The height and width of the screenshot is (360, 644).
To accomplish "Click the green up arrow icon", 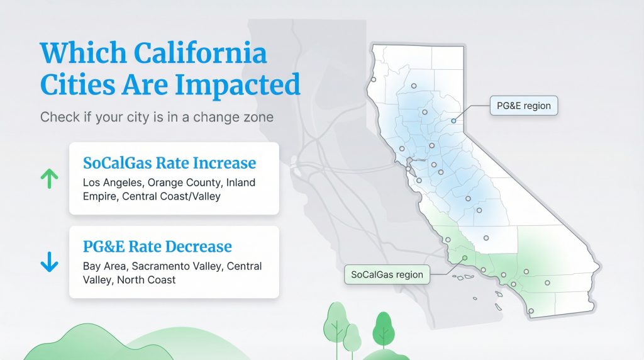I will click(49, 179).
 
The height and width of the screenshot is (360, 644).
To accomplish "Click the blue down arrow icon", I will click(49, 262).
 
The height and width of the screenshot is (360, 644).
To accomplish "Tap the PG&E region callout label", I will click(523, 106).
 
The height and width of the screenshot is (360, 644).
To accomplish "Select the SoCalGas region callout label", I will click(387, 275).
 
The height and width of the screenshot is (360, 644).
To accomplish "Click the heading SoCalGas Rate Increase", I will click(169, 163).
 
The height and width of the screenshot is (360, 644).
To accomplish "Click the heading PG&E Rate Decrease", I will click(157, 246).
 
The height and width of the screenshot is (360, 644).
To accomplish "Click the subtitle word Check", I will click(58, 118).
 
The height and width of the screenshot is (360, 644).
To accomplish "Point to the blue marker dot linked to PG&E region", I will click(453, 120).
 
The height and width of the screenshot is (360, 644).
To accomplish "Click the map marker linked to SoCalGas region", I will click(464, 257).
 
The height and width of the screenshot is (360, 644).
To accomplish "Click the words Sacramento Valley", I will click(176, 266).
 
